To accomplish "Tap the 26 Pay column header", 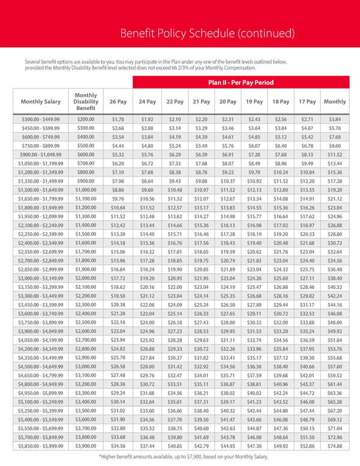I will [x=118, y=101].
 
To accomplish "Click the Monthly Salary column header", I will [x=41, y=101].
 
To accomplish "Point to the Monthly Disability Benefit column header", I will [x=86, y=101].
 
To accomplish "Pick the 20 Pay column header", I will [x=228, y=101].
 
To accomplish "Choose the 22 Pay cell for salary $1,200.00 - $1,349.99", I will [x=175, y=172].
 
